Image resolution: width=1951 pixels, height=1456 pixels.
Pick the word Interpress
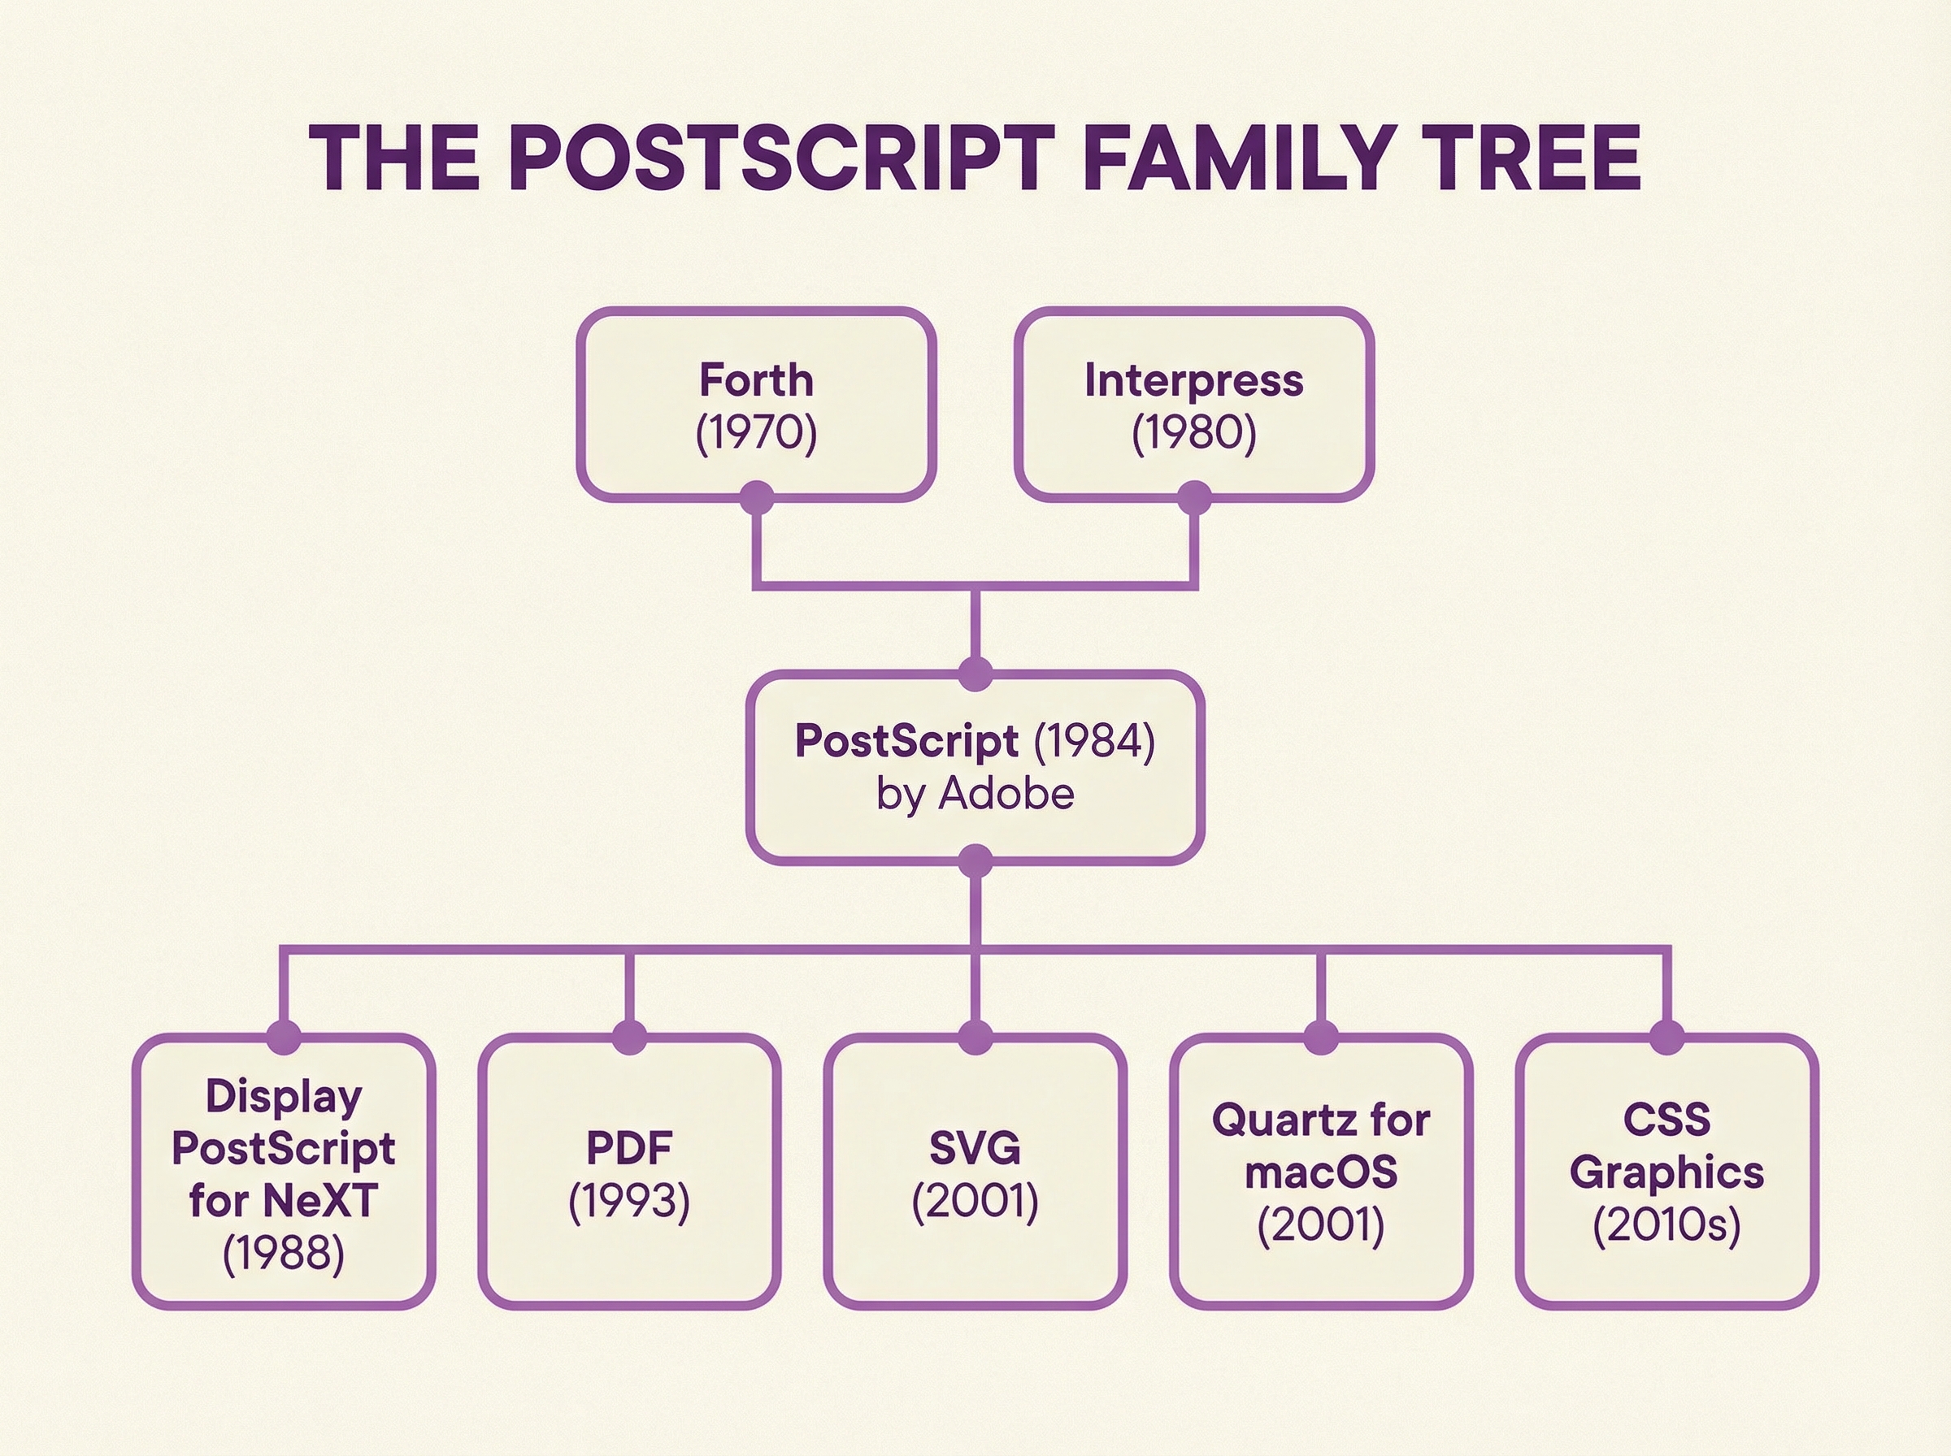tap(1193, 381)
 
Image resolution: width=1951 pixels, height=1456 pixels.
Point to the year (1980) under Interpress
tap(1193, 432)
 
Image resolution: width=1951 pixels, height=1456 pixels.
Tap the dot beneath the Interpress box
tap(1193, 498)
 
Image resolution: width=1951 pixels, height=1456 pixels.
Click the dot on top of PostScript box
tap(975, 674)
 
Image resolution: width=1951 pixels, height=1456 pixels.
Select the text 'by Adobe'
tap(975, 793)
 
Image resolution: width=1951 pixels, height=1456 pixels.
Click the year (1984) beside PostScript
tap(1094, 740)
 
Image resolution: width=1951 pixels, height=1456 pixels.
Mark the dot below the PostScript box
tap(975, 861)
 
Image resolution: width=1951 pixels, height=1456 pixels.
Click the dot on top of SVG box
tap(975, 1038)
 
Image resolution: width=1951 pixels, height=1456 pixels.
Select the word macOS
tap(1321, 1172)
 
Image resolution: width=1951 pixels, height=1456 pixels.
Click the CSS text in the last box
tap(1666, 1120)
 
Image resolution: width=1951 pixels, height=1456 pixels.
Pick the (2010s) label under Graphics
tap(1666, 1224)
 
